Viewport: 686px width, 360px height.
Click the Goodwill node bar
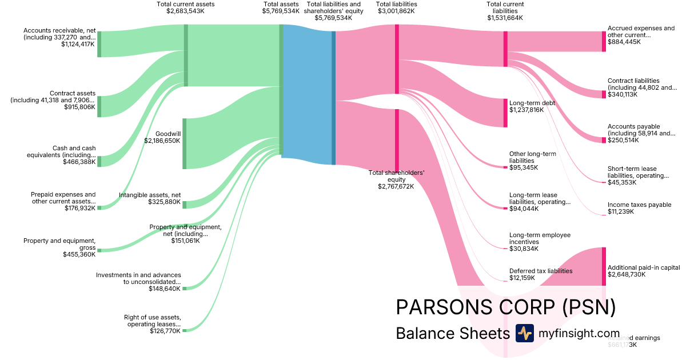coord(184,143)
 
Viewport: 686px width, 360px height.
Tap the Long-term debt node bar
coord(505,113)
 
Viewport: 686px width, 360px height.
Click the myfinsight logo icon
coord(524,333)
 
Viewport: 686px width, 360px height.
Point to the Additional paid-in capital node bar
coord(603,266)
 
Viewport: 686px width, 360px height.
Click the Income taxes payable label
coord(639,205)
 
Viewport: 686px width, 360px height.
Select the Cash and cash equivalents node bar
coord(99,161)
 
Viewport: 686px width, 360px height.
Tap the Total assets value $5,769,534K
coord(281,11)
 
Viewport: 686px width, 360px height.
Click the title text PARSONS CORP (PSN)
coord(505,307)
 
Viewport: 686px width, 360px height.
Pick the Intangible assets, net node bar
coord(184,205)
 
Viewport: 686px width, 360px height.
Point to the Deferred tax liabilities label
coord(541,271)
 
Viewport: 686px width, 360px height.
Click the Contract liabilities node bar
coord(603,94)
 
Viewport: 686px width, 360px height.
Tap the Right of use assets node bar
coord(184,330)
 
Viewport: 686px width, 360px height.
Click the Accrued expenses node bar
coord(603,41)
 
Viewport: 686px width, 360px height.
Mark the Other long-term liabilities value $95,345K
coord(523,167)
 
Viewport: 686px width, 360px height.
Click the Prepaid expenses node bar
coord(99,207)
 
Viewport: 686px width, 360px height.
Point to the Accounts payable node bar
coord(603,140)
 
